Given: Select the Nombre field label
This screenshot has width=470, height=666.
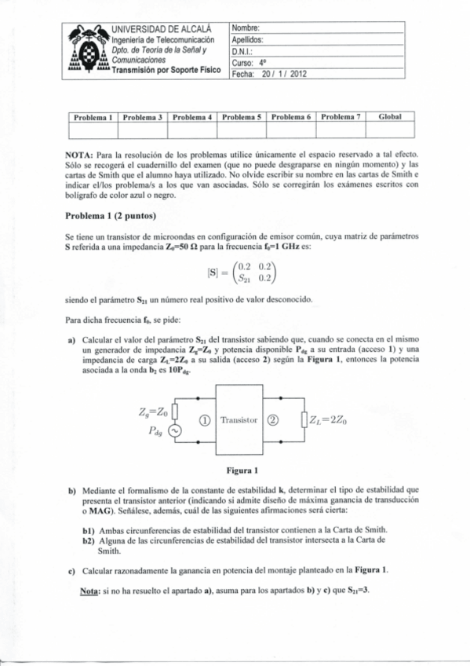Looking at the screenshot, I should coord(246,28).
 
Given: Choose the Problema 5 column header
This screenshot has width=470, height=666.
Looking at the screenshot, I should coord(242,116).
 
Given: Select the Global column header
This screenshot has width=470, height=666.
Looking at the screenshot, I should coord(390,116).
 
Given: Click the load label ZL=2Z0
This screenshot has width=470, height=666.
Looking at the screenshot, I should coord(329,420).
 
